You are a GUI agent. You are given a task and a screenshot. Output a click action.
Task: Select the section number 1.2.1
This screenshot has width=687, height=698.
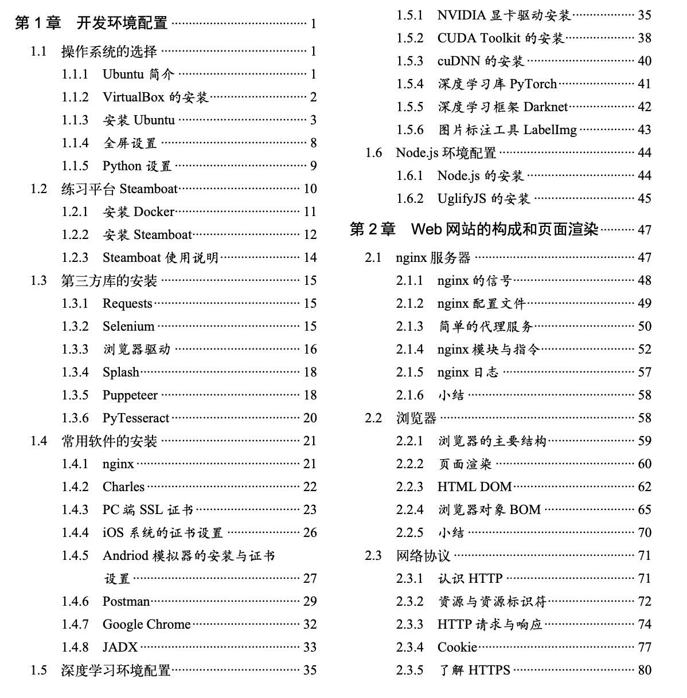click(x=75, y=212)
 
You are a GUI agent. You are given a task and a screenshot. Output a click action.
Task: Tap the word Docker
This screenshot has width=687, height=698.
click(x=154, y=212)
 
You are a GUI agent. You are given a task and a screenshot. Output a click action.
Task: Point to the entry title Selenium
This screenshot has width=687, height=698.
click(x=128, y=327)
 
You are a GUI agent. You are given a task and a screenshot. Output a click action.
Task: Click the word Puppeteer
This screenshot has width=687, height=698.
click(x=130, y=395)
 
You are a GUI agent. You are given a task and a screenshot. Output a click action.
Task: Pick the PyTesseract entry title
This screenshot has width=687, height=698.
click(x=136, y=418)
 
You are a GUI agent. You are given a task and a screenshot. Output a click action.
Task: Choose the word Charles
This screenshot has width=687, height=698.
click(x=123, y=487)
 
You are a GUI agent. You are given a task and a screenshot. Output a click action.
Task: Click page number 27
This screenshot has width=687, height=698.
click(x=310, y=578)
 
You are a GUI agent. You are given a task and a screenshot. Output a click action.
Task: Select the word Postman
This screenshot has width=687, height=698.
click(x=126, y=602)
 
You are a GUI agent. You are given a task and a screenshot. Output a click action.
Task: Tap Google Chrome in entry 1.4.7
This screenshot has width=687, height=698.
click(x=146, y=625)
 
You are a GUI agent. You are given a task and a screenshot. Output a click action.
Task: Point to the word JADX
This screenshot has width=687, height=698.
click(x=120, y=648)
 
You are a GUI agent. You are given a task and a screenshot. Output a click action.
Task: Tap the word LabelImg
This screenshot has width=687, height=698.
click(x=550, y=130)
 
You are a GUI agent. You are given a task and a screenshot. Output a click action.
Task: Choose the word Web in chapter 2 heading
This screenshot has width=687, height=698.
click(x=426, y=230)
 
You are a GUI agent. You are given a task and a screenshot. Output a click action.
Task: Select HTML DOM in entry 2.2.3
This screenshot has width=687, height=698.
click(x=474, y=487)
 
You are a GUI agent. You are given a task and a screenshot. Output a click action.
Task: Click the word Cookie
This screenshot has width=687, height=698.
click(x=457, y=648)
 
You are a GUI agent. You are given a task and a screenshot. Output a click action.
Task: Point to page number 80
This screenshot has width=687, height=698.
click(x=645, y=670)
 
